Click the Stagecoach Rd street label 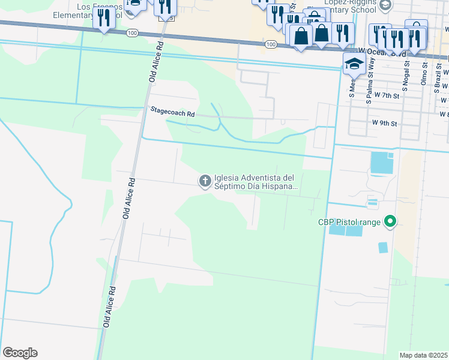pos(173,113)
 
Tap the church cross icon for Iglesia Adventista pos(205,181)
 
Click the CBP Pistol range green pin pos(390,222)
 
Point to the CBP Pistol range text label pos(351,222)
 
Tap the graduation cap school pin pos(354,64)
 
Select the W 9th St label pos(385,123)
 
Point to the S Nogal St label pos(405,76)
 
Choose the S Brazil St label pos(438,78)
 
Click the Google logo pos(20,352)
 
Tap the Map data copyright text pos(423,355)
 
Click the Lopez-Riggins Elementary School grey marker pos(385,5)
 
